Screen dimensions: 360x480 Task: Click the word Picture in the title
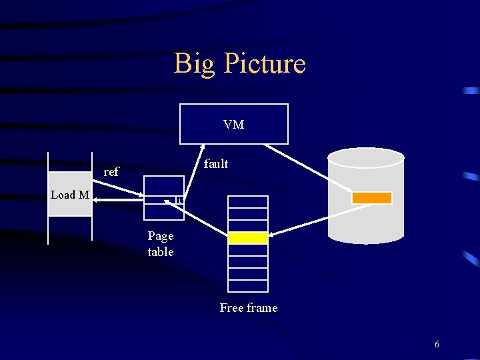(x=265, y=64)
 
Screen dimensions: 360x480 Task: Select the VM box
(x=233, y=124)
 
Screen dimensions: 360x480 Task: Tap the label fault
(x=216, y=163)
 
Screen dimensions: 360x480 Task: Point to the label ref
(x=111, y=172)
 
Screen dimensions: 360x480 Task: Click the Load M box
(x=70, y=195)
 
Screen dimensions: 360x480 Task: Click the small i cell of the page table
(x=179, y=200)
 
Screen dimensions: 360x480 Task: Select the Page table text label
(x=161, y=243)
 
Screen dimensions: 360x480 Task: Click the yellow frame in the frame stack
(x=248, y=238)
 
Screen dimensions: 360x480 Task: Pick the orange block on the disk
(x=372, y=198)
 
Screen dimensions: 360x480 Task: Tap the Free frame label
(x=249, y=307)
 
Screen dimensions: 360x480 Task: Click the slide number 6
(x=437, y=345)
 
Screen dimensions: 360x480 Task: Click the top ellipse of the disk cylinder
(x=366, y=157)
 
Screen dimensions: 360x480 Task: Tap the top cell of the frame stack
(x=248, y=202)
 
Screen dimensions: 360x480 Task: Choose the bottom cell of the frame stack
(x=248, y=285)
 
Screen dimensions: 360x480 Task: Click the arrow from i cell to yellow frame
(x=205, y=218)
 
